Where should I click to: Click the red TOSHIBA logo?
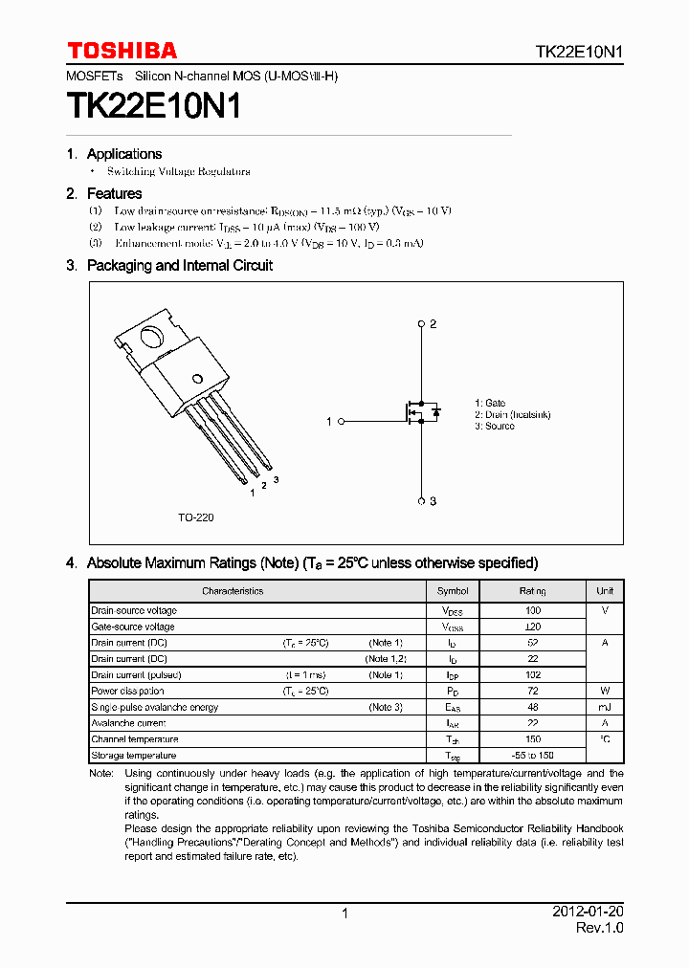(x=122, y=51)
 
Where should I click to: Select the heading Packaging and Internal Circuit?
(x=179, y=266)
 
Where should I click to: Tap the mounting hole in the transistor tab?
(x=150, y=337)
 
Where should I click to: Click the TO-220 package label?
(x=195, y=517)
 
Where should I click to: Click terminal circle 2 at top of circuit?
(x=421, y=324)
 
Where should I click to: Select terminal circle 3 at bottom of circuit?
(x=421, y=500)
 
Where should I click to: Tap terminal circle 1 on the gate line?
(x=341, y=421)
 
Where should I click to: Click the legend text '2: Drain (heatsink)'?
(x=512, y=415)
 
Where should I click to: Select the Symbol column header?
(x=453, y=591)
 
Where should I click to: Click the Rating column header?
(x=533, y=591)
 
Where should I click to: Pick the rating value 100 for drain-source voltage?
(x=533, y=610)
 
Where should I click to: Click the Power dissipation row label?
(x=127, y=691)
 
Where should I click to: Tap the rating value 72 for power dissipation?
(x=533, y=691)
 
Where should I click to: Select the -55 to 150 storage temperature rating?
(x=533, y=756)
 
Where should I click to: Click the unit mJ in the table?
(x=605, y=707)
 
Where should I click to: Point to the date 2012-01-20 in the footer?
(x=588, y=913)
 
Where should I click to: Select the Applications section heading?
(x=123, y=154)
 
